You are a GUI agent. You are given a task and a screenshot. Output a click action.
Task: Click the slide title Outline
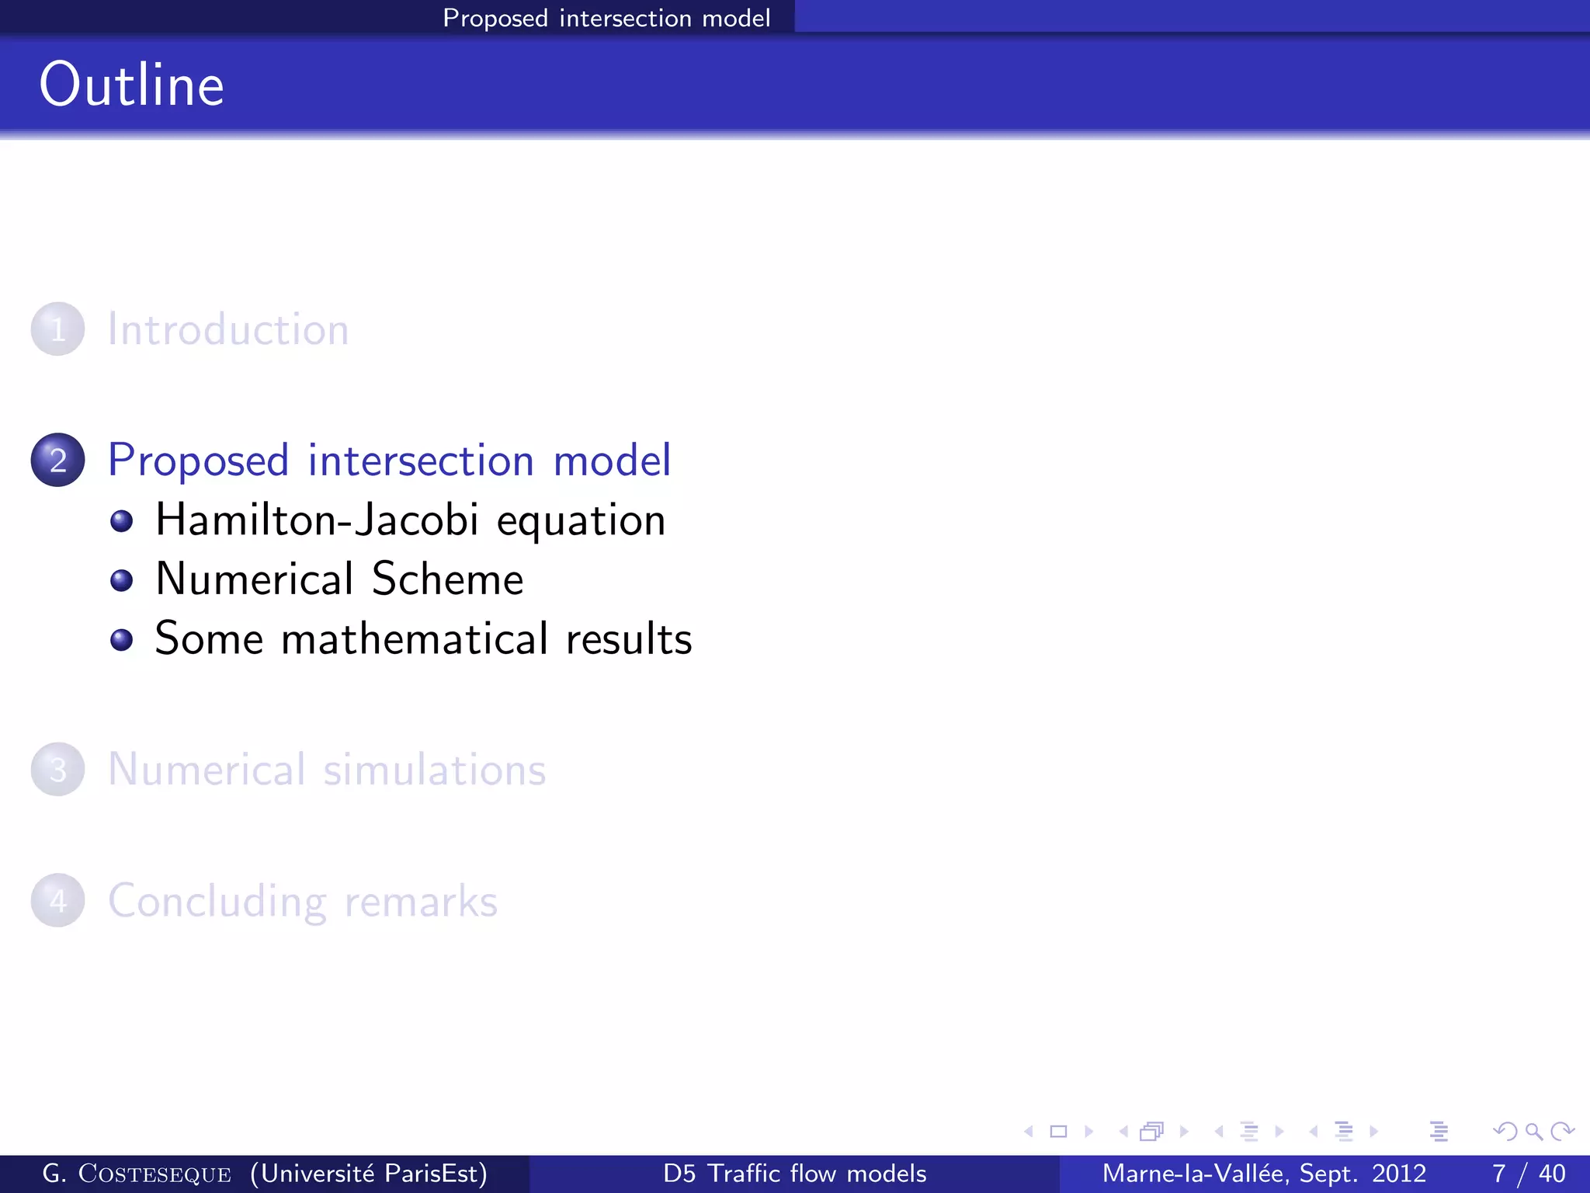pyautogui.click(x=132, y=85)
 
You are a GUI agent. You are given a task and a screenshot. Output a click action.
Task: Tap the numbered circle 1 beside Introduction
pyautogui.click(x=57, y=329)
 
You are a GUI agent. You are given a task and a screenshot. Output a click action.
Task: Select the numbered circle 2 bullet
pyautogui.click(x=57, y=460)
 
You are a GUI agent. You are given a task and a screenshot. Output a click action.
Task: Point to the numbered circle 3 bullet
pyautogui.click(x=57, y=770)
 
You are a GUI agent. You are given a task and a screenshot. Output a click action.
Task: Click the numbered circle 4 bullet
pyautogui.click(x=57, y=901)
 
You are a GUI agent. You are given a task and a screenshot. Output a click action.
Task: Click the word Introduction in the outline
pyautogui.click(x=228, y=329)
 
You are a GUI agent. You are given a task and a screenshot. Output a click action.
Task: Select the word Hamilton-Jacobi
pyautogui.click(x=317, y=520)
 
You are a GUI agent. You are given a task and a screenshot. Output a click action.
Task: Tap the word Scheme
pyautogui.click(x=447, y=579)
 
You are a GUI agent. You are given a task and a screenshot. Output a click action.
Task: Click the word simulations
pyautogui.click(x=435, y=770)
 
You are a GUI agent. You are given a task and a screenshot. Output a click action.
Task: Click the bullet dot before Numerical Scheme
pyautogui.click(x=121, y=580)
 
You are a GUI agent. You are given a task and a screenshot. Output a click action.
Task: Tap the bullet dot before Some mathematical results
pyautogui.click(x=121, y=640)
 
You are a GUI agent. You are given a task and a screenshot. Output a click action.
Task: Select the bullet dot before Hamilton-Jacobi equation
pyautogui.click(x=121, y=520)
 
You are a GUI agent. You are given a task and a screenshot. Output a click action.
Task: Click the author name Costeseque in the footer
pyautogui.click(x=154, y=1174)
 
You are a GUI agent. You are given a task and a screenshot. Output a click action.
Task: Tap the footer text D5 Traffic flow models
pyautogui.click(x=794, y=1174)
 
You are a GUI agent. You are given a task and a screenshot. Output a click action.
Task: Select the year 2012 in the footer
pyautogui.click(x=1399, y=1174)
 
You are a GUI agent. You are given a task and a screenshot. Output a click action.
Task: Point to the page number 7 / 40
pyautogui.click(x=1528, y=1174)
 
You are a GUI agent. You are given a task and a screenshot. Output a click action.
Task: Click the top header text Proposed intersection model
pyautogui.click(x=606, y=18)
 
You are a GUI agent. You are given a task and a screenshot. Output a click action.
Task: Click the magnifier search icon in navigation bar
pyautogui.click(x=1533, y=1132)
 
